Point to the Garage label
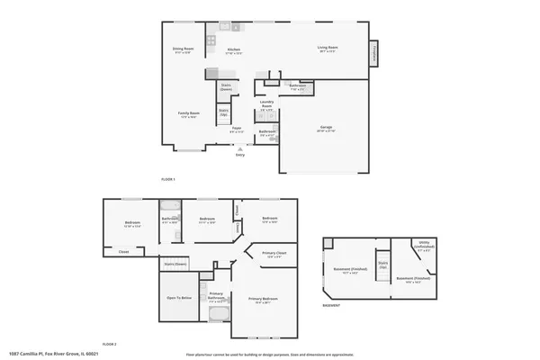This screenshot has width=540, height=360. tap(325, 129)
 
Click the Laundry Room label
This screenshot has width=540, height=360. tap(266, 103)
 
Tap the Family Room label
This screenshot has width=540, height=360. tap(188, 113)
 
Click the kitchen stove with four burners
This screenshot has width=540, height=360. tap(211, 40)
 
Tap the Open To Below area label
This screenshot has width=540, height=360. tap(180, 297)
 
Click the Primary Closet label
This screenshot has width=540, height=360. tap(275, 255)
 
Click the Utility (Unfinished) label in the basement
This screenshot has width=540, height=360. tap(426, 244)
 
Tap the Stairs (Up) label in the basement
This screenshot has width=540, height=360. tap(382, 266)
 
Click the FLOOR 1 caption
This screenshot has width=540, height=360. tap(167, 179)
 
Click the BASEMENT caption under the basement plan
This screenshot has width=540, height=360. tap(330, 305)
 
